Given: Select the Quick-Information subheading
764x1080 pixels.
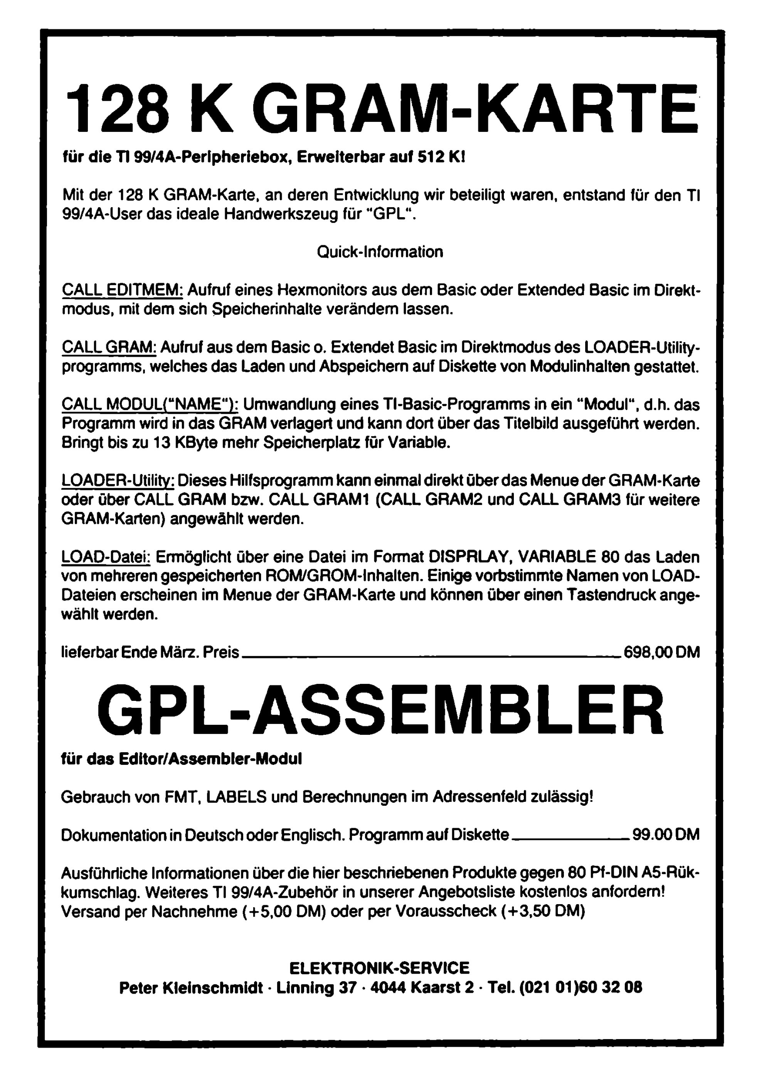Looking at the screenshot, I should pyautogui.click(x=380, y=252).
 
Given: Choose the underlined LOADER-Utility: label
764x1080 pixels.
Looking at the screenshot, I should pyautogui.click(x=118, y=481).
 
